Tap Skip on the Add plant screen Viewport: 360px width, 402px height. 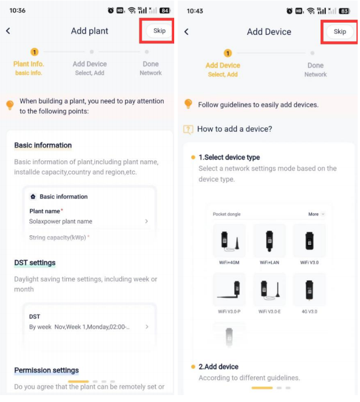(159, 31)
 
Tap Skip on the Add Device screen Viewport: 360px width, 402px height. (340, 31)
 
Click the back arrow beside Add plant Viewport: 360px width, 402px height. (8, 31)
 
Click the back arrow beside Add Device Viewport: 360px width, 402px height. (186, 32)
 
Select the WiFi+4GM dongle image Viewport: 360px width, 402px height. (229, 240)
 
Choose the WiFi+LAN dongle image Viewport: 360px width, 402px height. (269, 240)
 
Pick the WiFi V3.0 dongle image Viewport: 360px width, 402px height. (309, 240)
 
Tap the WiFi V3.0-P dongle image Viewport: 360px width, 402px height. (229, 290)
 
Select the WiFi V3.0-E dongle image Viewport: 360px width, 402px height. (269, 290)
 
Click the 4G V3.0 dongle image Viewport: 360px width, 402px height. (309, 290)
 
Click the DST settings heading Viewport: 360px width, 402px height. (35, 263)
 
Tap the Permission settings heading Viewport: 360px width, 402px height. (46, 370)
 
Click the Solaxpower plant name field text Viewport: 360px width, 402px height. (61, 221)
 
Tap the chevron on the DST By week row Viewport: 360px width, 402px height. (147, 327)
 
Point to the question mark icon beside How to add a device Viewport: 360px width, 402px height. (188, 129)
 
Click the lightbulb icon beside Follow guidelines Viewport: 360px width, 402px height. (188, 104)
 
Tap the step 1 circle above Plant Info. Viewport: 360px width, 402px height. (34, 52)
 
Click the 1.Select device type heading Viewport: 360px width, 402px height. (229, 157)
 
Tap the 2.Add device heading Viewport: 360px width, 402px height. (219, 367)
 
